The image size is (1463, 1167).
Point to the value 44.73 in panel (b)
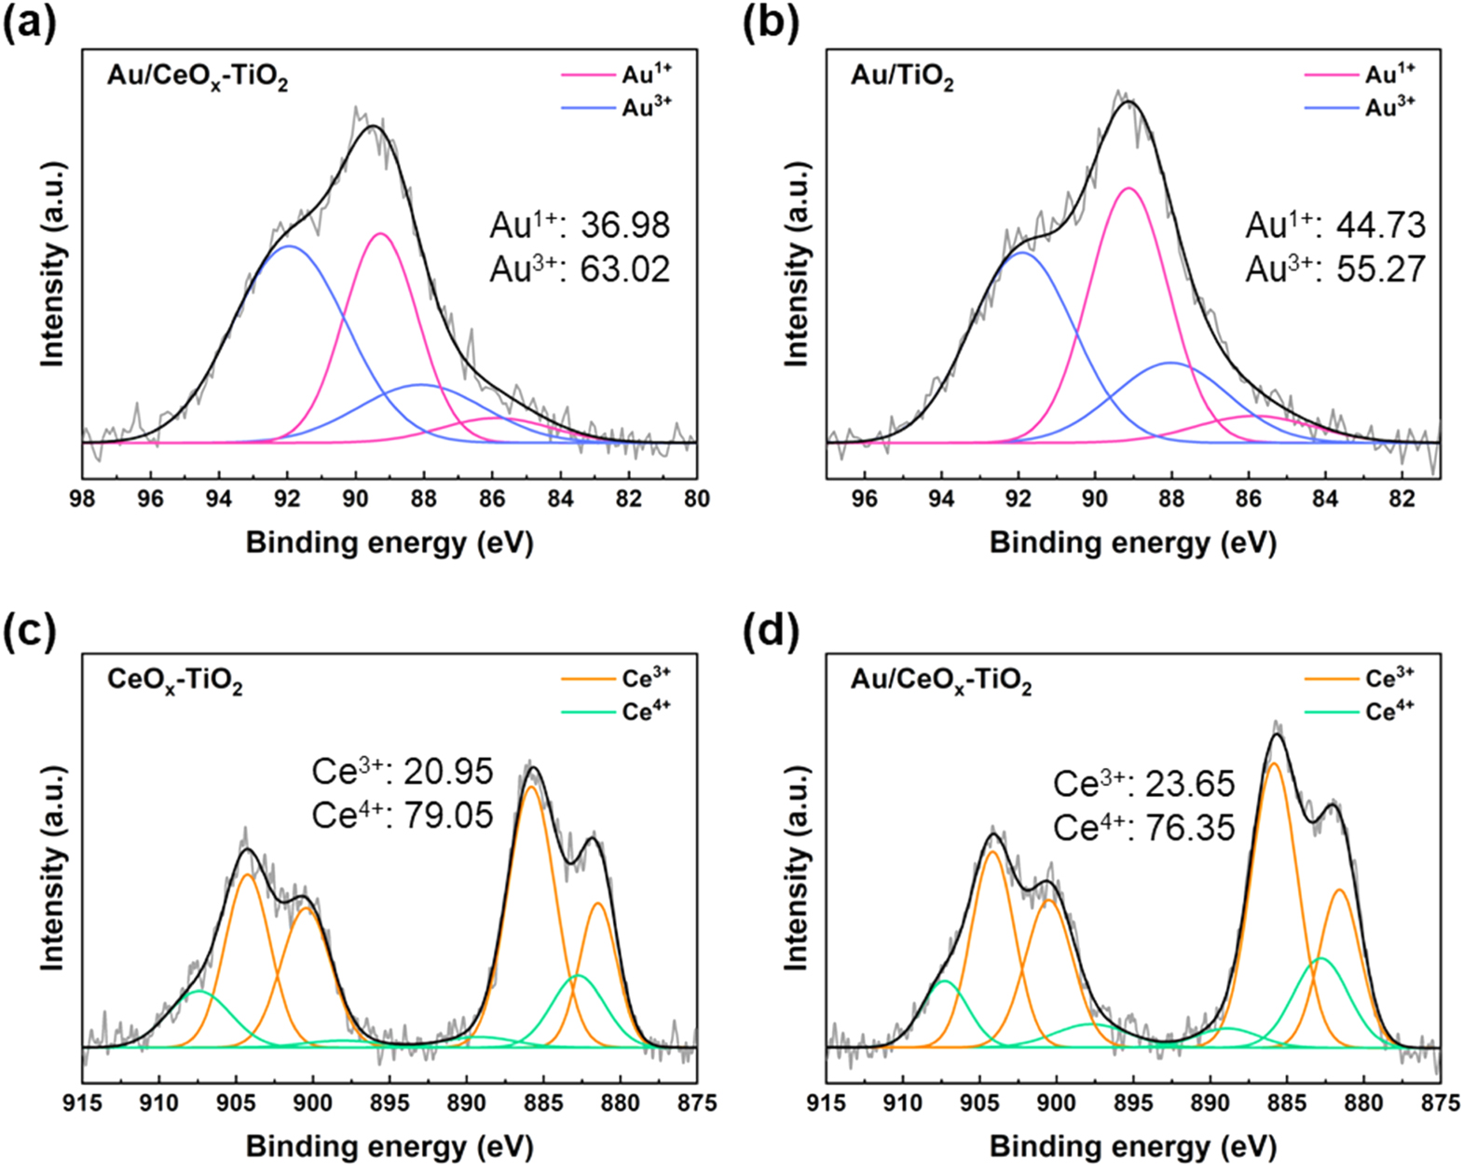(1381, 226)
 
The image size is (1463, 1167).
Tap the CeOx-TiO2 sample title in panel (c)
(175, 680)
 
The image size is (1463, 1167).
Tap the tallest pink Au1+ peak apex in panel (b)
(1128, 188)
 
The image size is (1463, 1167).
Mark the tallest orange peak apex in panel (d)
(1274, 763)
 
